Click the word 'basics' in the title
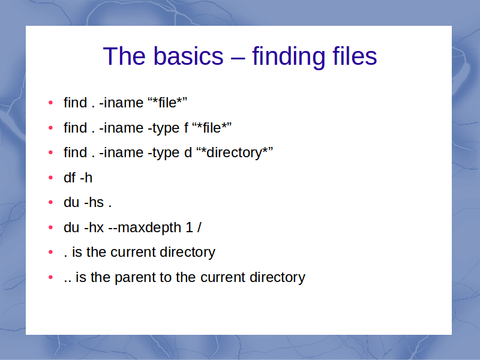click(x=188, y=56)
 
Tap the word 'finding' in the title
click(x=289, y=58)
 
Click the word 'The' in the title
click(x=124, y=56)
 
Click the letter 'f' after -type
click(x=186, y=128)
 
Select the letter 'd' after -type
click(x=188, y=152)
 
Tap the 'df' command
click(x=70, y=178)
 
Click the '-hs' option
click(x=94, y=202)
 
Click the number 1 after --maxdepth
click(x=189, y=227)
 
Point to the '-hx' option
click(x=94, y=227)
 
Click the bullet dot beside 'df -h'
click(x=51, y=178)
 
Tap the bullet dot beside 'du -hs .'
click(x=51, y=202)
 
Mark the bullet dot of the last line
click(x=51, y=277)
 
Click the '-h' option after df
click(x=86, y=178)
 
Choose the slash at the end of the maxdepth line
click(x=199, y=227)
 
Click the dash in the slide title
click(x=238, y=57)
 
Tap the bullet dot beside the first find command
click(x=51, y=103)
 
